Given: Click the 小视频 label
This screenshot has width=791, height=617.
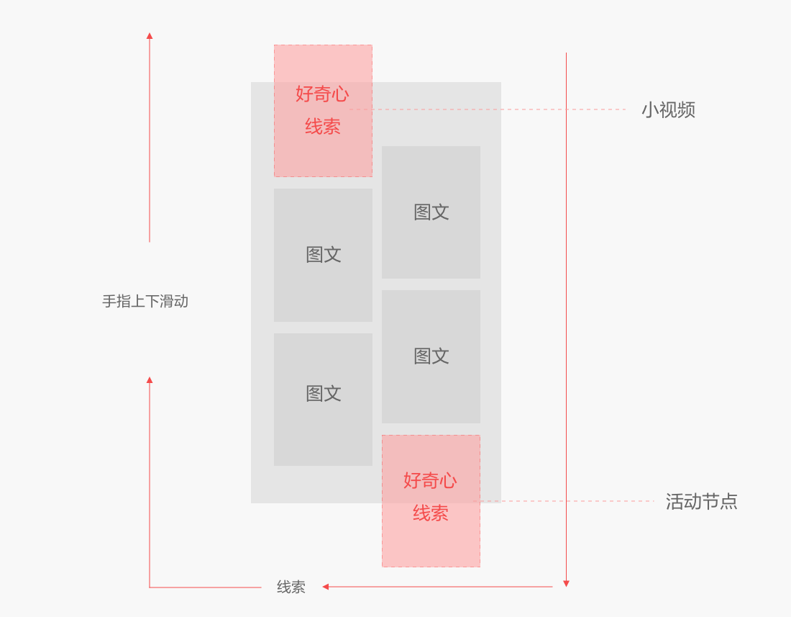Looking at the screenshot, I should [x=668, y=110].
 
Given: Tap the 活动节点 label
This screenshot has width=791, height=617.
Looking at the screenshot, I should [x=701, y=502].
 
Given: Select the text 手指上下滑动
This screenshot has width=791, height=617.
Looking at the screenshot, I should [x=145, y=302].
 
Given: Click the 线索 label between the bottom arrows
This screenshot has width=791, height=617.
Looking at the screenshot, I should [x=291, y=587].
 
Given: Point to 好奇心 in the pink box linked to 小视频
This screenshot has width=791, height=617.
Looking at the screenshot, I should [x=322, y=94].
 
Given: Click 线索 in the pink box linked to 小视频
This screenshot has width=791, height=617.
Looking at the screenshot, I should [x=322, y=127].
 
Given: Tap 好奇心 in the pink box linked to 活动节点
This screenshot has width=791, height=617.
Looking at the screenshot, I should [x=430, y=480].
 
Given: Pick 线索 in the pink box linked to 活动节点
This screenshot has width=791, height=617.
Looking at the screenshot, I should [x=430, y=513].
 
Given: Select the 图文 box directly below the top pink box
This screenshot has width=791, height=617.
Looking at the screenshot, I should [x=323, y=255].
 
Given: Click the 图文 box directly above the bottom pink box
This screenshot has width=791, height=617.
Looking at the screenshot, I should [x=431, y=356].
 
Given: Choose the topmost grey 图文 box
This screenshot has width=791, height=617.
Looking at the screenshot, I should [x=431, y=212].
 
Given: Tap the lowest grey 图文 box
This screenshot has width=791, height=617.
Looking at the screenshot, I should [x=323, y=399].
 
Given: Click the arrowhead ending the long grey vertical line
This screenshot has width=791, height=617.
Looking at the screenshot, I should [x=566, y=583].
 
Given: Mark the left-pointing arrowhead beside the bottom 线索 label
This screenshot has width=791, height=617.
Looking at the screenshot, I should [x=326, y=587].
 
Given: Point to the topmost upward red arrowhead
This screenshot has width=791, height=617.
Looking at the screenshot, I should [x=150, y=35].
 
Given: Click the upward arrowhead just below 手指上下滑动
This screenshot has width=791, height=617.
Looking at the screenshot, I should [x=150, y=379].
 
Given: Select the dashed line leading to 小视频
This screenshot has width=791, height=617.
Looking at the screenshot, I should [x=503, y=109].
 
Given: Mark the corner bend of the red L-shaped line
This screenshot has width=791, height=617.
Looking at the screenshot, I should [x=150, y=587].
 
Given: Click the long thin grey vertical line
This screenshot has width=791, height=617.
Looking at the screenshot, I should [x=566, y=288].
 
